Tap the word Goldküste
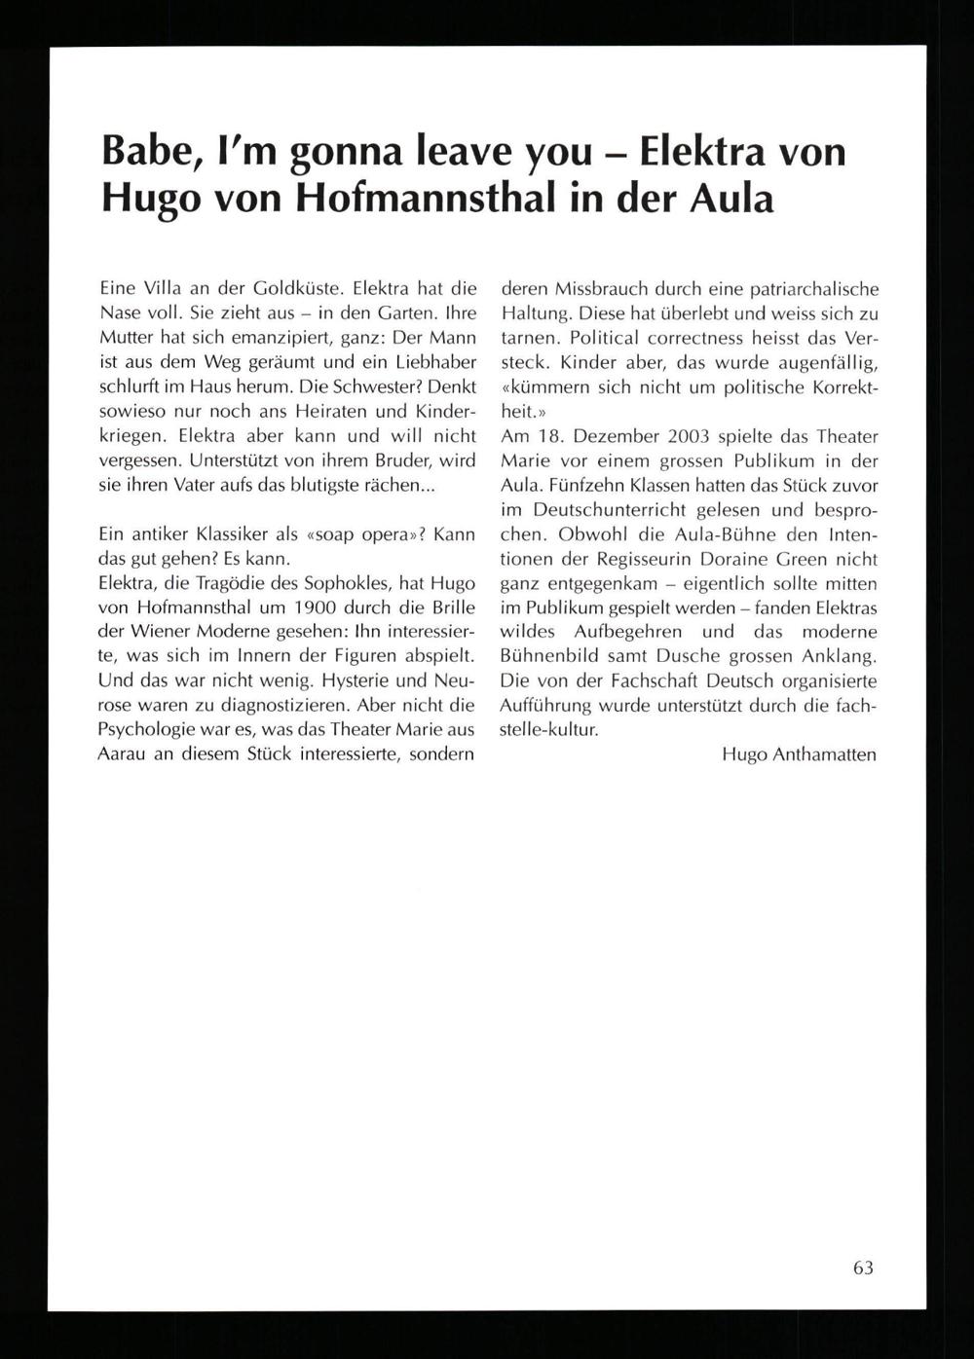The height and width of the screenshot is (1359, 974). coord(295,289)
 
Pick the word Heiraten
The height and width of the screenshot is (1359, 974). coord(340,411)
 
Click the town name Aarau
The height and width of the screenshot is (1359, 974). coord(120,754)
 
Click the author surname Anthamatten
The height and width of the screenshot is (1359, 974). coord(823,754)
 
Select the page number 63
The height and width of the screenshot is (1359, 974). coord(863,1267)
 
